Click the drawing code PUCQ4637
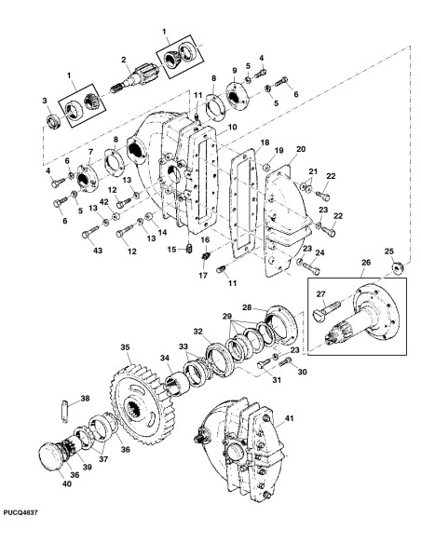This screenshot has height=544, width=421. pos(20,512)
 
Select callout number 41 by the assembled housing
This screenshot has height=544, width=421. pos(289,418)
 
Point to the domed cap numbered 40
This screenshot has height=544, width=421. pos(51,456)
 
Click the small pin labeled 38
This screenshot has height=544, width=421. pos(65,411)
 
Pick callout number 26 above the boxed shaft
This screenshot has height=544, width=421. pos(366,263)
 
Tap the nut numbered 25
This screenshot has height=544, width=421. pos(398,267)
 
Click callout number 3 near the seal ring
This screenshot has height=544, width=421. pos(45,101)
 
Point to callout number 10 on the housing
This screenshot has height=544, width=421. pos(232,127)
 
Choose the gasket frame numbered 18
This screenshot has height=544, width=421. pos(244,203)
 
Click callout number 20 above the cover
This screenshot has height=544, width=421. pos(301,149)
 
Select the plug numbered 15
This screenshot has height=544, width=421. pos(189,249)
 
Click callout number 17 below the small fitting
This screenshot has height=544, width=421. pos(203,276)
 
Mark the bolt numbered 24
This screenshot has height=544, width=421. pos(311,268)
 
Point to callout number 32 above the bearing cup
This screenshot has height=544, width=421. pos(198,332)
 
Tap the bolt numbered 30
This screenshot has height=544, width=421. pos(286,362)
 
